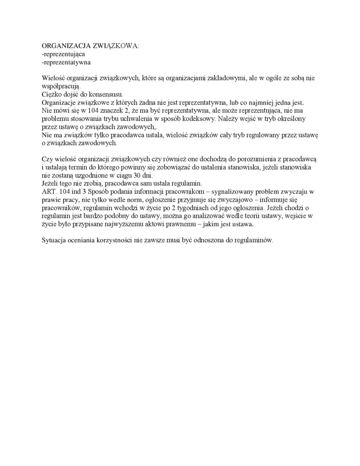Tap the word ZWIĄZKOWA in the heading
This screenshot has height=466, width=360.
tap(118, 46)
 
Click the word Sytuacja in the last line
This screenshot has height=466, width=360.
tap(54, 240)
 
